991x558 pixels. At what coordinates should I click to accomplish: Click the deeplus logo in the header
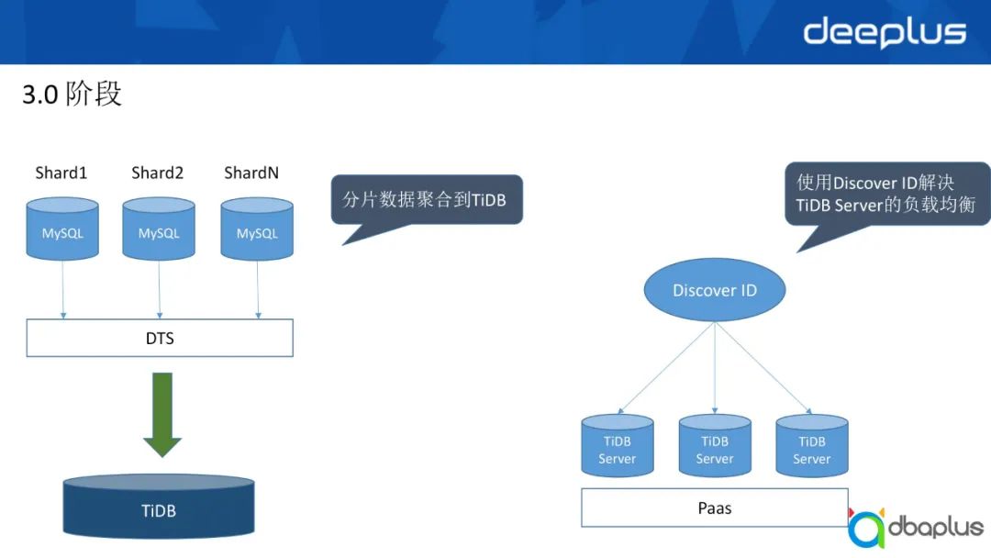[x=885, y=32]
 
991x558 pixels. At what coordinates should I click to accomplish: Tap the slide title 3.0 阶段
[x=72, y=94]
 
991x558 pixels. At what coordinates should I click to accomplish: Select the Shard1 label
[x=61, y=173]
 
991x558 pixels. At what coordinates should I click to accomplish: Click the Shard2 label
[x=158, y=173]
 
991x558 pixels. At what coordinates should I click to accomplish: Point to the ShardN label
[x=251, y=173]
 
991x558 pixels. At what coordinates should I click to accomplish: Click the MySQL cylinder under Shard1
[x=62, y=229]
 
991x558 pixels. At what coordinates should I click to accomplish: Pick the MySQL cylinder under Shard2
[x=159, y=229]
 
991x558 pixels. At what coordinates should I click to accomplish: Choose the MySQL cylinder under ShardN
[x=257, y=229]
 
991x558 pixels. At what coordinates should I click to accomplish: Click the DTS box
[x=160, y=338]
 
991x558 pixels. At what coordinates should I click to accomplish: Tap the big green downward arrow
[x=162, y=414]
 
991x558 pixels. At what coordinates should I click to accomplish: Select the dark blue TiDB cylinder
[x=159, y=508]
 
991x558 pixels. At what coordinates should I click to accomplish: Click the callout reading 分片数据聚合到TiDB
[x=426, y=199]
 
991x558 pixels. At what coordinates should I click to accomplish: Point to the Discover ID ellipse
[x=715, y=290]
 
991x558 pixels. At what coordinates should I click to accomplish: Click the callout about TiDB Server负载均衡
[x=885, y=194]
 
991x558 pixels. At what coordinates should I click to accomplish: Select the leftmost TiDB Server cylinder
[x=618, y=447]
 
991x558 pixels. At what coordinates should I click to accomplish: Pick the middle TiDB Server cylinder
[x=715, y=447]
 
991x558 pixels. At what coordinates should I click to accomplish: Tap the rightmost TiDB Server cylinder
[x=811, y=447]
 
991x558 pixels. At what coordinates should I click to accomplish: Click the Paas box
[x=715, y=508]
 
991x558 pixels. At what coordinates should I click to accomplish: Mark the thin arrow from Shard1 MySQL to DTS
[x=62, y=289]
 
